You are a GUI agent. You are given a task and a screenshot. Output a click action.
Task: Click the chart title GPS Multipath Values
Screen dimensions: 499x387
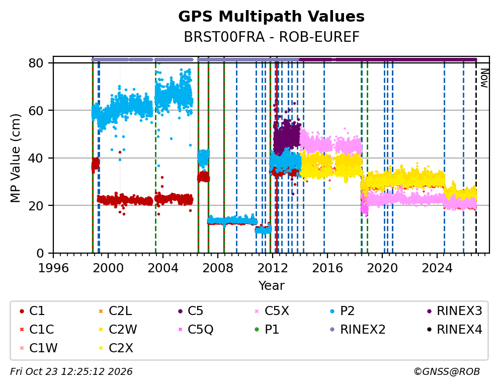pyautogui.click(x=271, y=17)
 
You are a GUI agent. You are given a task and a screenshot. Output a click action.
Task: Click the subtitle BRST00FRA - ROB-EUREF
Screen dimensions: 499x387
pyautogui.click(x=272, y=37)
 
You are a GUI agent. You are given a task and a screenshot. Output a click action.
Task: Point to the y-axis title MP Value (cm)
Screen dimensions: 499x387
pyautogui.click(x=15, y=158)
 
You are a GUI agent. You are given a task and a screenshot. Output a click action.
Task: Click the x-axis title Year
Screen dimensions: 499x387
pyautogui.click(x=271, y=285)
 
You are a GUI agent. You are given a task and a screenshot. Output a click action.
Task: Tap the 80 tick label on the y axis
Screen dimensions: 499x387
pyautogui.click(x=36, y=63)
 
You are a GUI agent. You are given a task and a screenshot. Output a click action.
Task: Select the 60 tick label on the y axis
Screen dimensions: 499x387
pyautogui.click(x=36, y=110)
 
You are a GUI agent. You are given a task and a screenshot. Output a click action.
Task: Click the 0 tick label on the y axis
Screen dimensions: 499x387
pyautogui.click(x=40, y=253)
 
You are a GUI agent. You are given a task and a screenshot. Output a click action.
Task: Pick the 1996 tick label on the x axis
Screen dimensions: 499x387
pyautogui.click(x=53, y=268)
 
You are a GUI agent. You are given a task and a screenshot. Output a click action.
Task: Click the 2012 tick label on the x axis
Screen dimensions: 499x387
pyautogui.click(x=273, y=268)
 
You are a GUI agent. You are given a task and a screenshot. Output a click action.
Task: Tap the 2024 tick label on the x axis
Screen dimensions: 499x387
pyautogui.click(x=437, y=268)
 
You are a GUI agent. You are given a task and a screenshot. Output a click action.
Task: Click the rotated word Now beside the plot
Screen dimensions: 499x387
pyautogui.click(x=484, y=78)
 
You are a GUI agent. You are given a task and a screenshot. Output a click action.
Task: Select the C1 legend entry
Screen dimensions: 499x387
pyautogui.click(x=32, y=311)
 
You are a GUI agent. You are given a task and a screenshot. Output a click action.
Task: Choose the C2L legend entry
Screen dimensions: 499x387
pyautogui.click(x=116, y=311)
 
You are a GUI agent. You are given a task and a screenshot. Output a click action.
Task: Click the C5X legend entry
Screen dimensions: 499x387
pyautogui.click(x=273, y=311)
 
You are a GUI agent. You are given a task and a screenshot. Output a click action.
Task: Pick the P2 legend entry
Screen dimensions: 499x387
pyautogui.click(x=343, y=311)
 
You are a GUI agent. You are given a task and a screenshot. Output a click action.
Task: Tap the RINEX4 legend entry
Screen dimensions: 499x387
pyautogui.click(x=455, y=330)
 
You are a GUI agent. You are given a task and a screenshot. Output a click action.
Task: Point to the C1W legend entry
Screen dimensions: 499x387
pyautogui.click(x=39, y=348)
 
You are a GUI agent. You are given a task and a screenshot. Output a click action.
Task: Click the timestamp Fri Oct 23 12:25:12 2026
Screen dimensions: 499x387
pyautogui.click(x=71, y=372)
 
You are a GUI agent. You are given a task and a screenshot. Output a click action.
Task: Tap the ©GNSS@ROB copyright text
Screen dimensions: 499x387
pyautogui.click(x=447, y=372)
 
